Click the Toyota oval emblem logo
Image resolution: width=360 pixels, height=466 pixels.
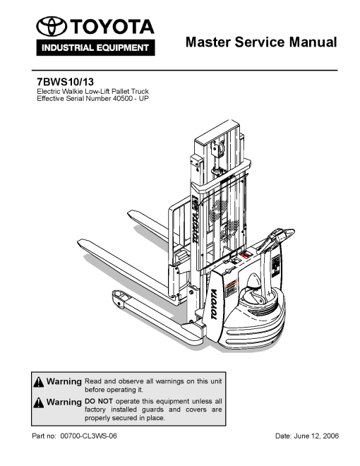click(52, 26)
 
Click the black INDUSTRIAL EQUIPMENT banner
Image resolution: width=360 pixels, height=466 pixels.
click(95, 47)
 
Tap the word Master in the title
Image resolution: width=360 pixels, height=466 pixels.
click(208, 42)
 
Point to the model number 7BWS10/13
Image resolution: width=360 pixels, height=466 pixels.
click(65, 81)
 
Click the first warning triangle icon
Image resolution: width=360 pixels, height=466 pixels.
click(39, 382)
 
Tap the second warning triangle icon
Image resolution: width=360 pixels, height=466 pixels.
click(39, 402)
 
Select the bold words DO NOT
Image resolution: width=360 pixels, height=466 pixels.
click(99, 401)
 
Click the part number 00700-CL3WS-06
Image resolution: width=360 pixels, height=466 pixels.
click(88, 436)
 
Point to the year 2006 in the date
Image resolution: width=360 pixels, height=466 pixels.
click(330, 436)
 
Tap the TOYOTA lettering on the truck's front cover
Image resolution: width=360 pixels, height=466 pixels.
click(214, 304)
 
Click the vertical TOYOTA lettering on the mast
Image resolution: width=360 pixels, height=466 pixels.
click(196, 220)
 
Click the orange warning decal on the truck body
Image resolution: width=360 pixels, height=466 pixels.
click(231, 288)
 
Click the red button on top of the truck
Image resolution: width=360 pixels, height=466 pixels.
click(246, 255)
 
